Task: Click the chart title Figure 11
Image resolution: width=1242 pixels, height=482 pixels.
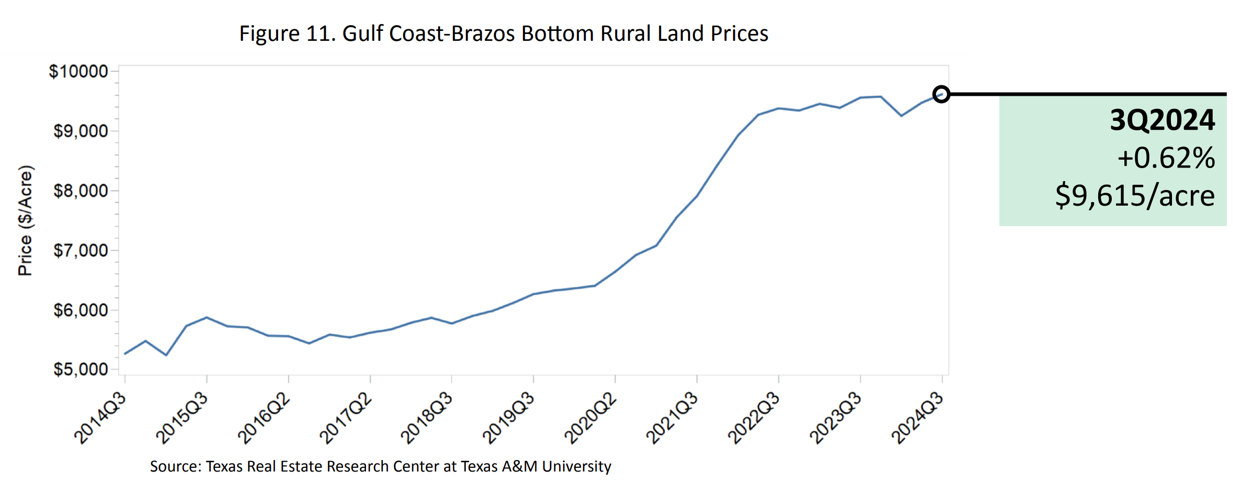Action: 504,34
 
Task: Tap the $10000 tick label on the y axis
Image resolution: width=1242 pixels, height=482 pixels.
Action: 78,71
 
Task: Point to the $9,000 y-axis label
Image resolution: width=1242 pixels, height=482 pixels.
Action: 81,131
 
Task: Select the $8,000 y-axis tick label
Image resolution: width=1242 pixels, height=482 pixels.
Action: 81,190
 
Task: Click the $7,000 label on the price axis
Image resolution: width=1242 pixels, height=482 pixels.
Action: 81,250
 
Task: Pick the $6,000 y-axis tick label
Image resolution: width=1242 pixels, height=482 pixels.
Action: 81,310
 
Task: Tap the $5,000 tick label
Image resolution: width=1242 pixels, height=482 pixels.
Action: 81,369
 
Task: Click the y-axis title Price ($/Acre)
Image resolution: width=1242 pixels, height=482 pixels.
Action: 25,220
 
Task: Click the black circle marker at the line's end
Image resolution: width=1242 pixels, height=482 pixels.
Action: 941,94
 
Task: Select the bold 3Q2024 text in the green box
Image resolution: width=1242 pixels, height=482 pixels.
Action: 1162,120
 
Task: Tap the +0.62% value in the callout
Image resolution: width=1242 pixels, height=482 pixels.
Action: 1166,158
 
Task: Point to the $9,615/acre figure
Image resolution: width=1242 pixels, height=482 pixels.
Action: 1135,196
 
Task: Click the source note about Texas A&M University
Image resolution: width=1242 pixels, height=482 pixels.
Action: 380,466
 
